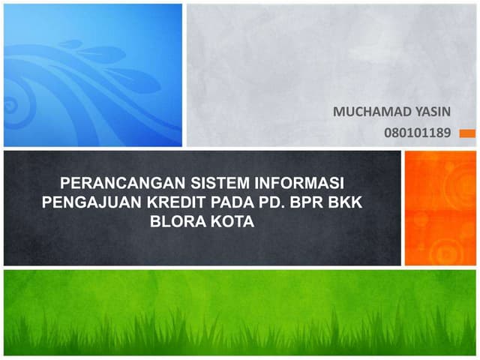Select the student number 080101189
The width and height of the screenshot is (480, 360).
point(417,133)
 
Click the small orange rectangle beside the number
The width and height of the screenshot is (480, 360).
point(466,133)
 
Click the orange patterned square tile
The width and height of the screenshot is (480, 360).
point(440,208)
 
